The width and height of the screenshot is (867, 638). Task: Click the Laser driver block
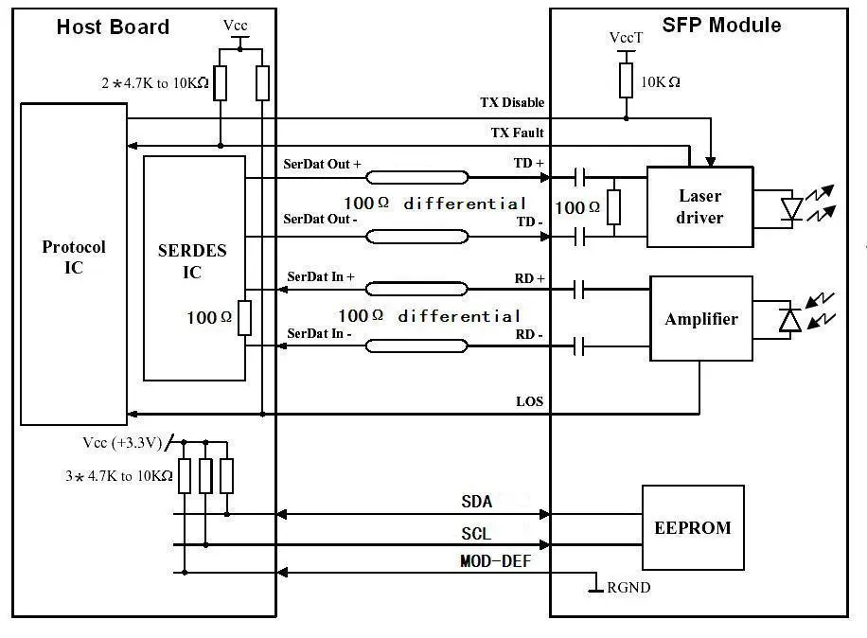(x=700, y=206)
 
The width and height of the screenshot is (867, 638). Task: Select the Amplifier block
(x=701, y=318)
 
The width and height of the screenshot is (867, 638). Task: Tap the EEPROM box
(x=693, y=527)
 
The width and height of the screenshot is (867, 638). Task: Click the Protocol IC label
(x=74, y=257)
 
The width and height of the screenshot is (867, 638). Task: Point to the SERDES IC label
(x=192, y=261)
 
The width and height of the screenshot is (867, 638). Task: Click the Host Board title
(x=113, y=27)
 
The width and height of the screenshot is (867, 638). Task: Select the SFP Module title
(x=721, y=25)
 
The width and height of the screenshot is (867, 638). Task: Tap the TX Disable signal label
(x=512, y=102)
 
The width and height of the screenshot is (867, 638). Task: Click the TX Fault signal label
(x=517, y=133)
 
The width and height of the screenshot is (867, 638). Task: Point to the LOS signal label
(x=530, y=401)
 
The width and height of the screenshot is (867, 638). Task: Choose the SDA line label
(x=477, y=502)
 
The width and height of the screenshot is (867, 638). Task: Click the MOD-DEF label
(x=495, y=561)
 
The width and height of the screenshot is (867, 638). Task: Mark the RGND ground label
(x=628, y=587)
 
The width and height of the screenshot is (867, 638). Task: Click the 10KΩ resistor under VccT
(x=626, y=80)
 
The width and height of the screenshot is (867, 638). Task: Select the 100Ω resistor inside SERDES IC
(x=244, y=318)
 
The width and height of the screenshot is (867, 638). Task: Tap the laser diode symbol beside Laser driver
(x=792, y=209)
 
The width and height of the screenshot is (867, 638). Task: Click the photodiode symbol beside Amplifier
(x=790, y=320)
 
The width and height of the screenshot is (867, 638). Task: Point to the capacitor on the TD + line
(x=579, y=178)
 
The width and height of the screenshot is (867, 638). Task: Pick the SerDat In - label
(x=320, y=333)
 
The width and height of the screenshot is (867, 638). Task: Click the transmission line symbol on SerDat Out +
(x=416, y=177)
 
